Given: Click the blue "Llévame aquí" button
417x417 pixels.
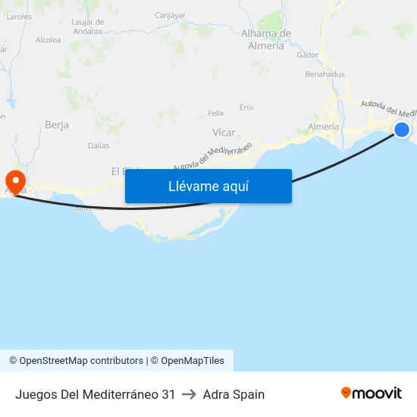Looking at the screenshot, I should pyautogui.click(x=208, y=186).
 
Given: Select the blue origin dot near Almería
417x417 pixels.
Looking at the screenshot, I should pyautogui.click(x=402, y=130).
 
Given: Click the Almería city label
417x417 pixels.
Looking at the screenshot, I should pyautogui.click(x=324, y=127).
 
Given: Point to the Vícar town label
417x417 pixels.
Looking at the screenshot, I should pyautogui.click(x=224, y=132).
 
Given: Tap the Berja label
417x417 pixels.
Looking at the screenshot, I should pyautogui.click(x=57, y=124).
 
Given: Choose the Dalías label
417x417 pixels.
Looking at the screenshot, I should pyautogui.click(x=99, y=146).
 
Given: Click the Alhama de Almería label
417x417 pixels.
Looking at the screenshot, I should pyautogui.click(x=266, y=39).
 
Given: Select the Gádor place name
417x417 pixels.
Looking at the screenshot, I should pyautogui.click(x=308, y=55).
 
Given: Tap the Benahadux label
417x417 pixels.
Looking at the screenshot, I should pyautogui.click(x=325, y=74).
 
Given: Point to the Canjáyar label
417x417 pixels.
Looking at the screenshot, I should pyautogui.click(x=170, y=14).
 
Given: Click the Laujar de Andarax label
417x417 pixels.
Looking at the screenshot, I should pyautogui.click(x=87, y=27).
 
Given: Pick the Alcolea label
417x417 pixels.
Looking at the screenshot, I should pyautogui.click(x=48, y=39).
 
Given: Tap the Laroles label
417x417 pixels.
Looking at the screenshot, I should pyautogui.click(x=18, y=15).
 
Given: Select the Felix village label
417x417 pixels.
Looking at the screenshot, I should pyautogui.click(x=216, y=113).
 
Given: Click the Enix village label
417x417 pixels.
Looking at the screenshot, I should pyautogui.click(x=246, y=107).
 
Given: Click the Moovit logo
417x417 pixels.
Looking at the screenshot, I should pyautogui.click(x=372, y=393).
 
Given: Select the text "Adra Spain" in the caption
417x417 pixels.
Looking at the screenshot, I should pyautogui.click(x=234, y=394).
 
